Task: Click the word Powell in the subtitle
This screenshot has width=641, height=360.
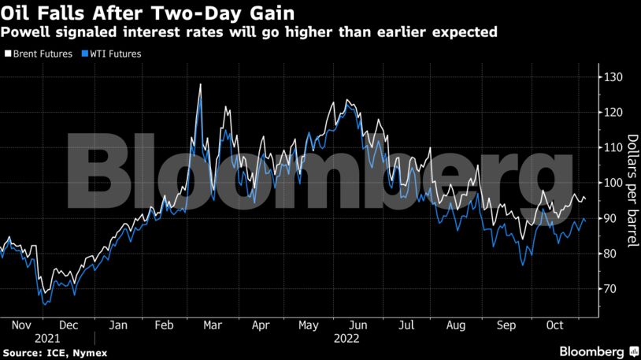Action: [x=24, y=32]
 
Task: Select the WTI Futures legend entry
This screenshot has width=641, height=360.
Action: [x=108, y=54]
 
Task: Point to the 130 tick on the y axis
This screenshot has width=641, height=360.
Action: [x=612, y=77]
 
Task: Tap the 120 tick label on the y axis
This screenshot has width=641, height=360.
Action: [x=612, y=113]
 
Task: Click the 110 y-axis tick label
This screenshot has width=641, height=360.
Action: [x=612, y=148]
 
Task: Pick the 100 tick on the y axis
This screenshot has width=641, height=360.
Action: [x=612, y=183]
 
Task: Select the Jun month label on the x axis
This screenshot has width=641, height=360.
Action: [x=357, y=325]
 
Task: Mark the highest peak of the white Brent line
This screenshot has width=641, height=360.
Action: [x=201, y=84]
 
